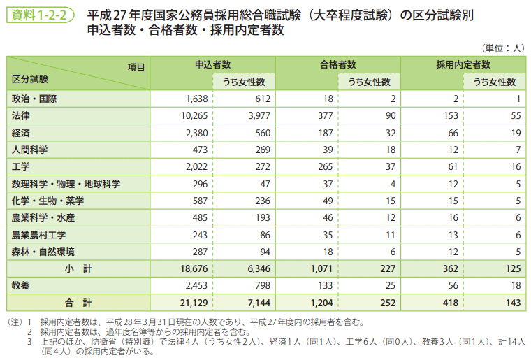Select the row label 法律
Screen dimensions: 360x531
(x=21, y=115)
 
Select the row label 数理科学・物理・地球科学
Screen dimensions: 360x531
(x=66, y=184)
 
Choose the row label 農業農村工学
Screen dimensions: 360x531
(x=39, y=235)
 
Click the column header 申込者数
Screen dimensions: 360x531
(x=212, y=64)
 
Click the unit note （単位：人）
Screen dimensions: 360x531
(x=502, y=48)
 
